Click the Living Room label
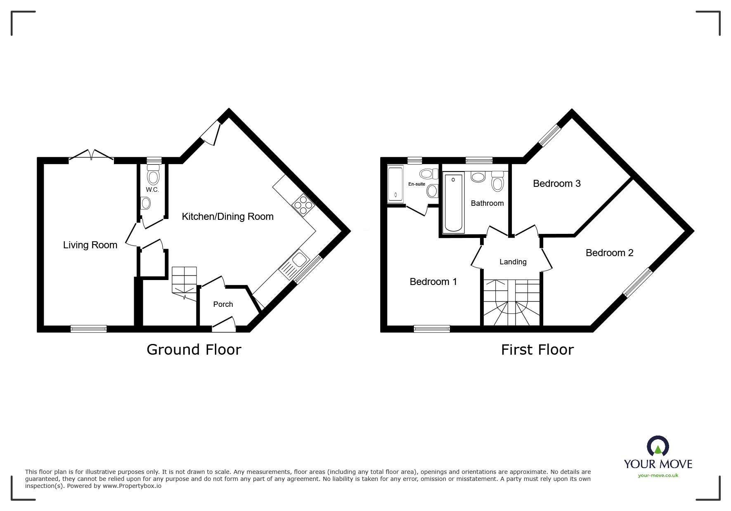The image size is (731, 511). click(x=90, y=245)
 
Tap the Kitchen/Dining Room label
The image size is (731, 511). click(x=227, y=217)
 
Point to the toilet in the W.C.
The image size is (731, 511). click(x=153, y=175)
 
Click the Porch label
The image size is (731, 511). click(x=223, y=304)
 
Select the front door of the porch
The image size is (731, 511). click(x=224, y=325)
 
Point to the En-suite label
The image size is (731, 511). click(x=416, y=184)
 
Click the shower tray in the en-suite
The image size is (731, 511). click(x=395, y=184)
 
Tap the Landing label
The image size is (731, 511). click(x=513, y=262)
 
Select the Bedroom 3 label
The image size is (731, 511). click(x=556, y=184)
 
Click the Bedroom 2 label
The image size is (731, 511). click(x=609, y=253)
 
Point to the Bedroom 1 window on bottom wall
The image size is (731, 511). click(x=432, y=329)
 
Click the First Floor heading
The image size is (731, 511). click(x=537, y=350)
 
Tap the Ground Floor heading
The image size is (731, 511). click(x=194, y=350)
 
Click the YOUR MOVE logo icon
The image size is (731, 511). click(x=658, y=447)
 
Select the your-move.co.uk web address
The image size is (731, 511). click(x=658, y=476)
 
